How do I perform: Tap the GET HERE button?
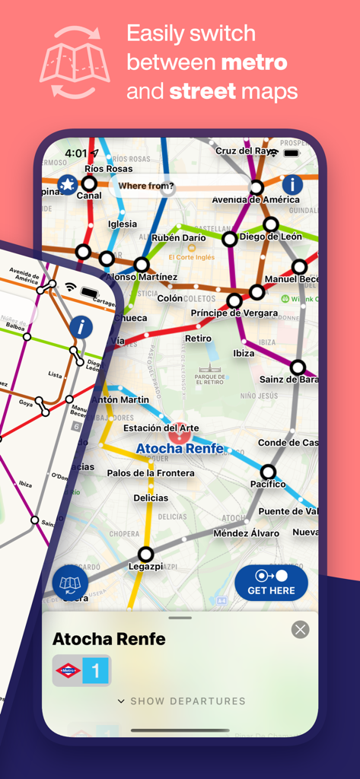coord(271,583)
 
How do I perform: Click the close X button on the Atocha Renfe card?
coord(301,629)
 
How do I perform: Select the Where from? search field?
coord(179,186)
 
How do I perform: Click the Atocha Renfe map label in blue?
coord(180,449)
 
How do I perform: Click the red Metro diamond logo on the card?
coord(68,671)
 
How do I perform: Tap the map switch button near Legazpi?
coord(70,583)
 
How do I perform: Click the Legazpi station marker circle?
coord(145,554)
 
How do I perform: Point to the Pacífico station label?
coord(268,485)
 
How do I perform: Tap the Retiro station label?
coord(198,339)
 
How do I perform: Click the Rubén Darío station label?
coord(179,238)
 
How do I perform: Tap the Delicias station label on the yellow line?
coord(151,498)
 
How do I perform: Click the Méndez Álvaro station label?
coord(246,533)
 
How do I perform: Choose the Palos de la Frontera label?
coord(150,473)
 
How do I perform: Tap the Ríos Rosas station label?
coord(108,168)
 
